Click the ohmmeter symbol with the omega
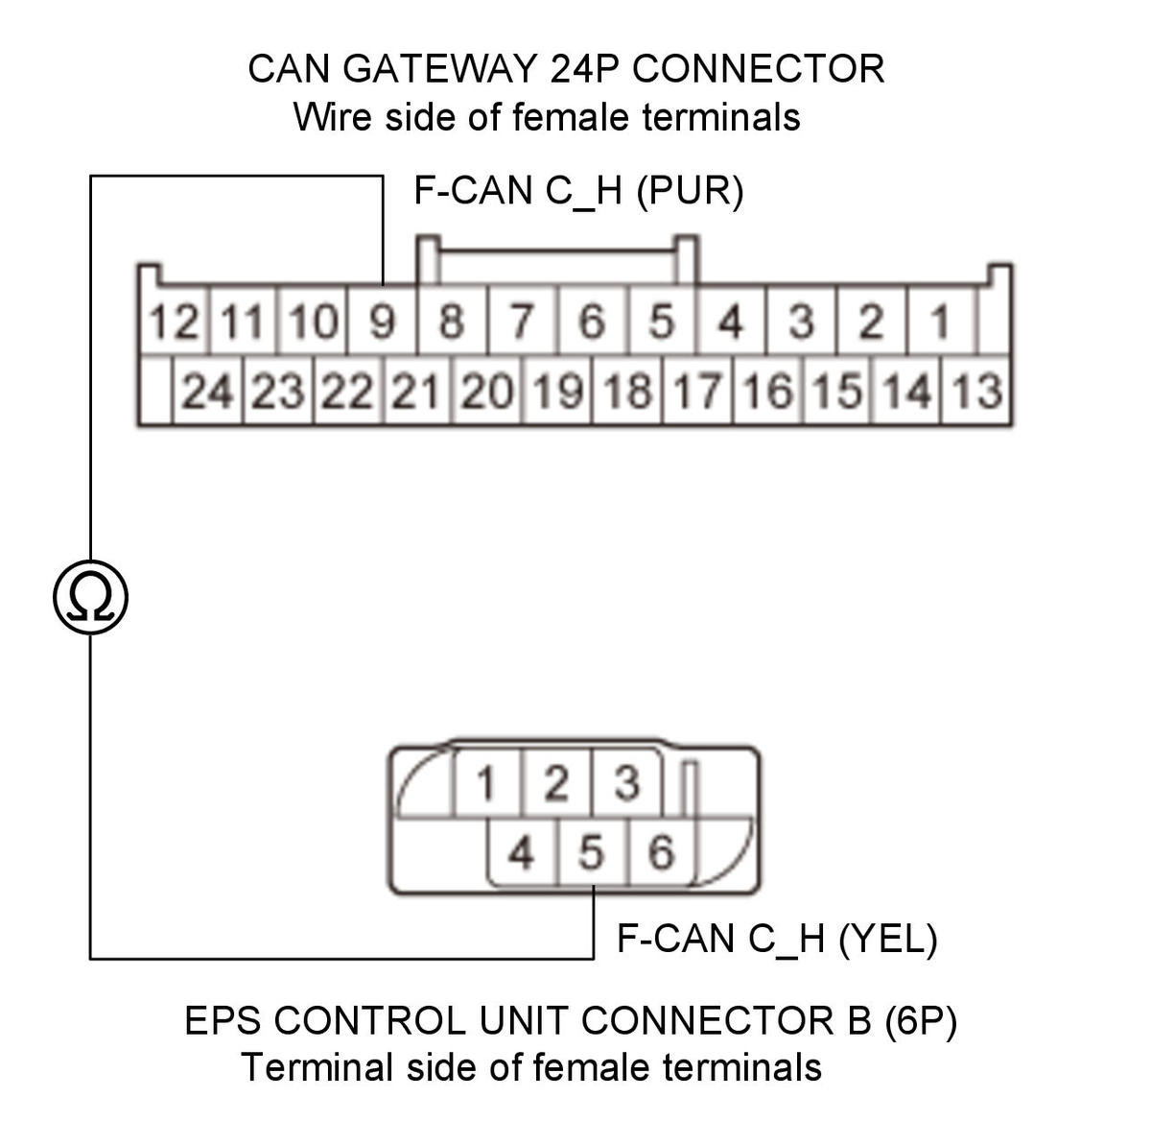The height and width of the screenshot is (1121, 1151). [90, 597]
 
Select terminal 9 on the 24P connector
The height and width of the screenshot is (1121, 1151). [382, 321]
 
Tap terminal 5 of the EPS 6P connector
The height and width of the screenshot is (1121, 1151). [592, 852]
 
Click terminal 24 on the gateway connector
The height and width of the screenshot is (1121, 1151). [207, 391]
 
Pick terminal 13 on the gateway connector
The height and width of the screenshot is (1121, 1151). [976, 391]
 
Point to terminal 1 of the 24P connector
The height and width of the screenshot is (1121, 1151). [940, 321]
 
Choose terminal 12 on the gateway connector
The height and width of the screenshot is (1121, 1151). [174, 321]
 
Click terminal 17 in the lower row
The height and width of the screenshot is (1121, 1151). [697, 391]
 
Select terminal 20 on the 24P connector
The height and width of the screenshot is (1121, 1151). [487, 391]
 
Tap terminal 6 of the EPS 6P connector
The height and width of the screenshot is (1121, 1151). [662, 852]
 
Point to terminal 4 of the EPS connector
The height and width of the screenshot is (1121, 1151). [522, 852]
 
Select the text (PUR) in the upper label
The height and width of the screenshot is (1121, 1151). [690, 191]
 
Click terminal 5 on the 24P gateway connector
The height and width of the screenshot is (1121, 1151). [662, 321]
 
